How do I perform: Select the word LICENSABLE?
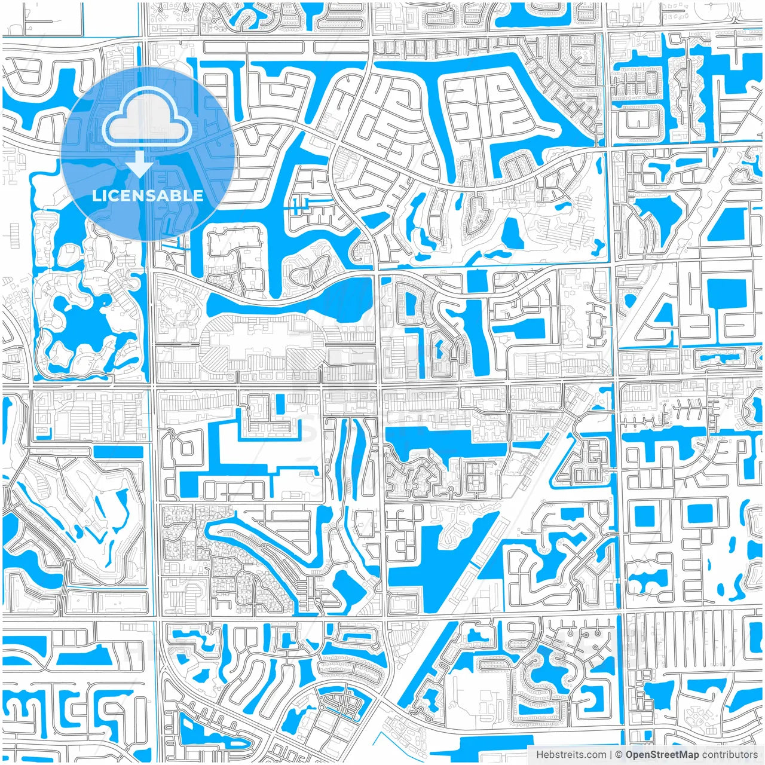(x=148, y=195)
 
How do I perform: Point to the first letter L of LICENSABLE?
(x=96, y=195)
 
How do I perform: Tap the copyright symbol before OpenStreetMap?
(x=619, y=755)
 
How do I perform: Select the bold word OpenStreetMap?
(x=662, y=755)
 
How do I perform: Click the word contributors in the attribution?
(x=729, y=755)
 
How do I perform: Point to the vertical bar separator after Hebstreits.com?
(x=611, y=755)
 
